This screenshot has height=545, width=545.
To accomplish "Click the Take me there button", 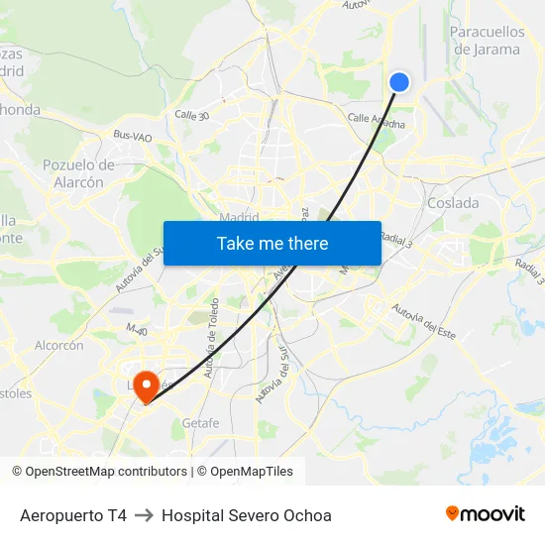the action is pos(272,243).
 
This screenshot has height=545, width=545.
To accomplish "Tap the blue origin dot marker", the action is pos(399,82).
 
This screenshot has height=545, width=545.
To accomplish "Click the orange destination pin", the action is pos(147,384).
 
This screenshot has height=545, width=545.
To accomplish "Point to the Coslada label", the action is pos(453,203).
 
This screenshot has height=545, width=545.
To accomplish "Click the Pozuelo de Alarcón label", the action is pos(78,173).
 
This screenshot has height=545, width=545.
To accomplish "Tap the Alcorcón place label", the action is pos(59,346).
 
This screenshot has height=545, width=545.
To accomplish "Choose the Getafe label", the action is pos(200,423).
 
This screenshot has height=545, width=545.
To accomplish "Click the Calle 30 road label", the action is pos(191,116).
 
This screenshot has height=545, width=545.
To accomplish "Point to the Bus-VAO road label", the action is pos(133,136).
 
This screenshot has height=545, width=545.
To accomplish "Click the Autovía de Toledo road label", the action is pos(210,353).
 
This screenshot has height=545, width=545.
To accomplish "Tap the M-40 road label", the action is pos(136,328).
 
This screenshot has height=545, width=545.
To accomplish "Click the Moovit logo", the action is pos(486,514).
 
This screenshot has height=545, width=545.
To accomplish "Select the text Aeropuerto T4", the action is pos(73,515).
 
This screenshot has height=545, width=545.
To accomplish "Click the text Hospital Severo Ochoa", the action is pos(247,515).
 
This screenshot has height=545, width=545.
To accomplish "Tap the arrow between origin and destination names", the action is pos(144,515).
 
